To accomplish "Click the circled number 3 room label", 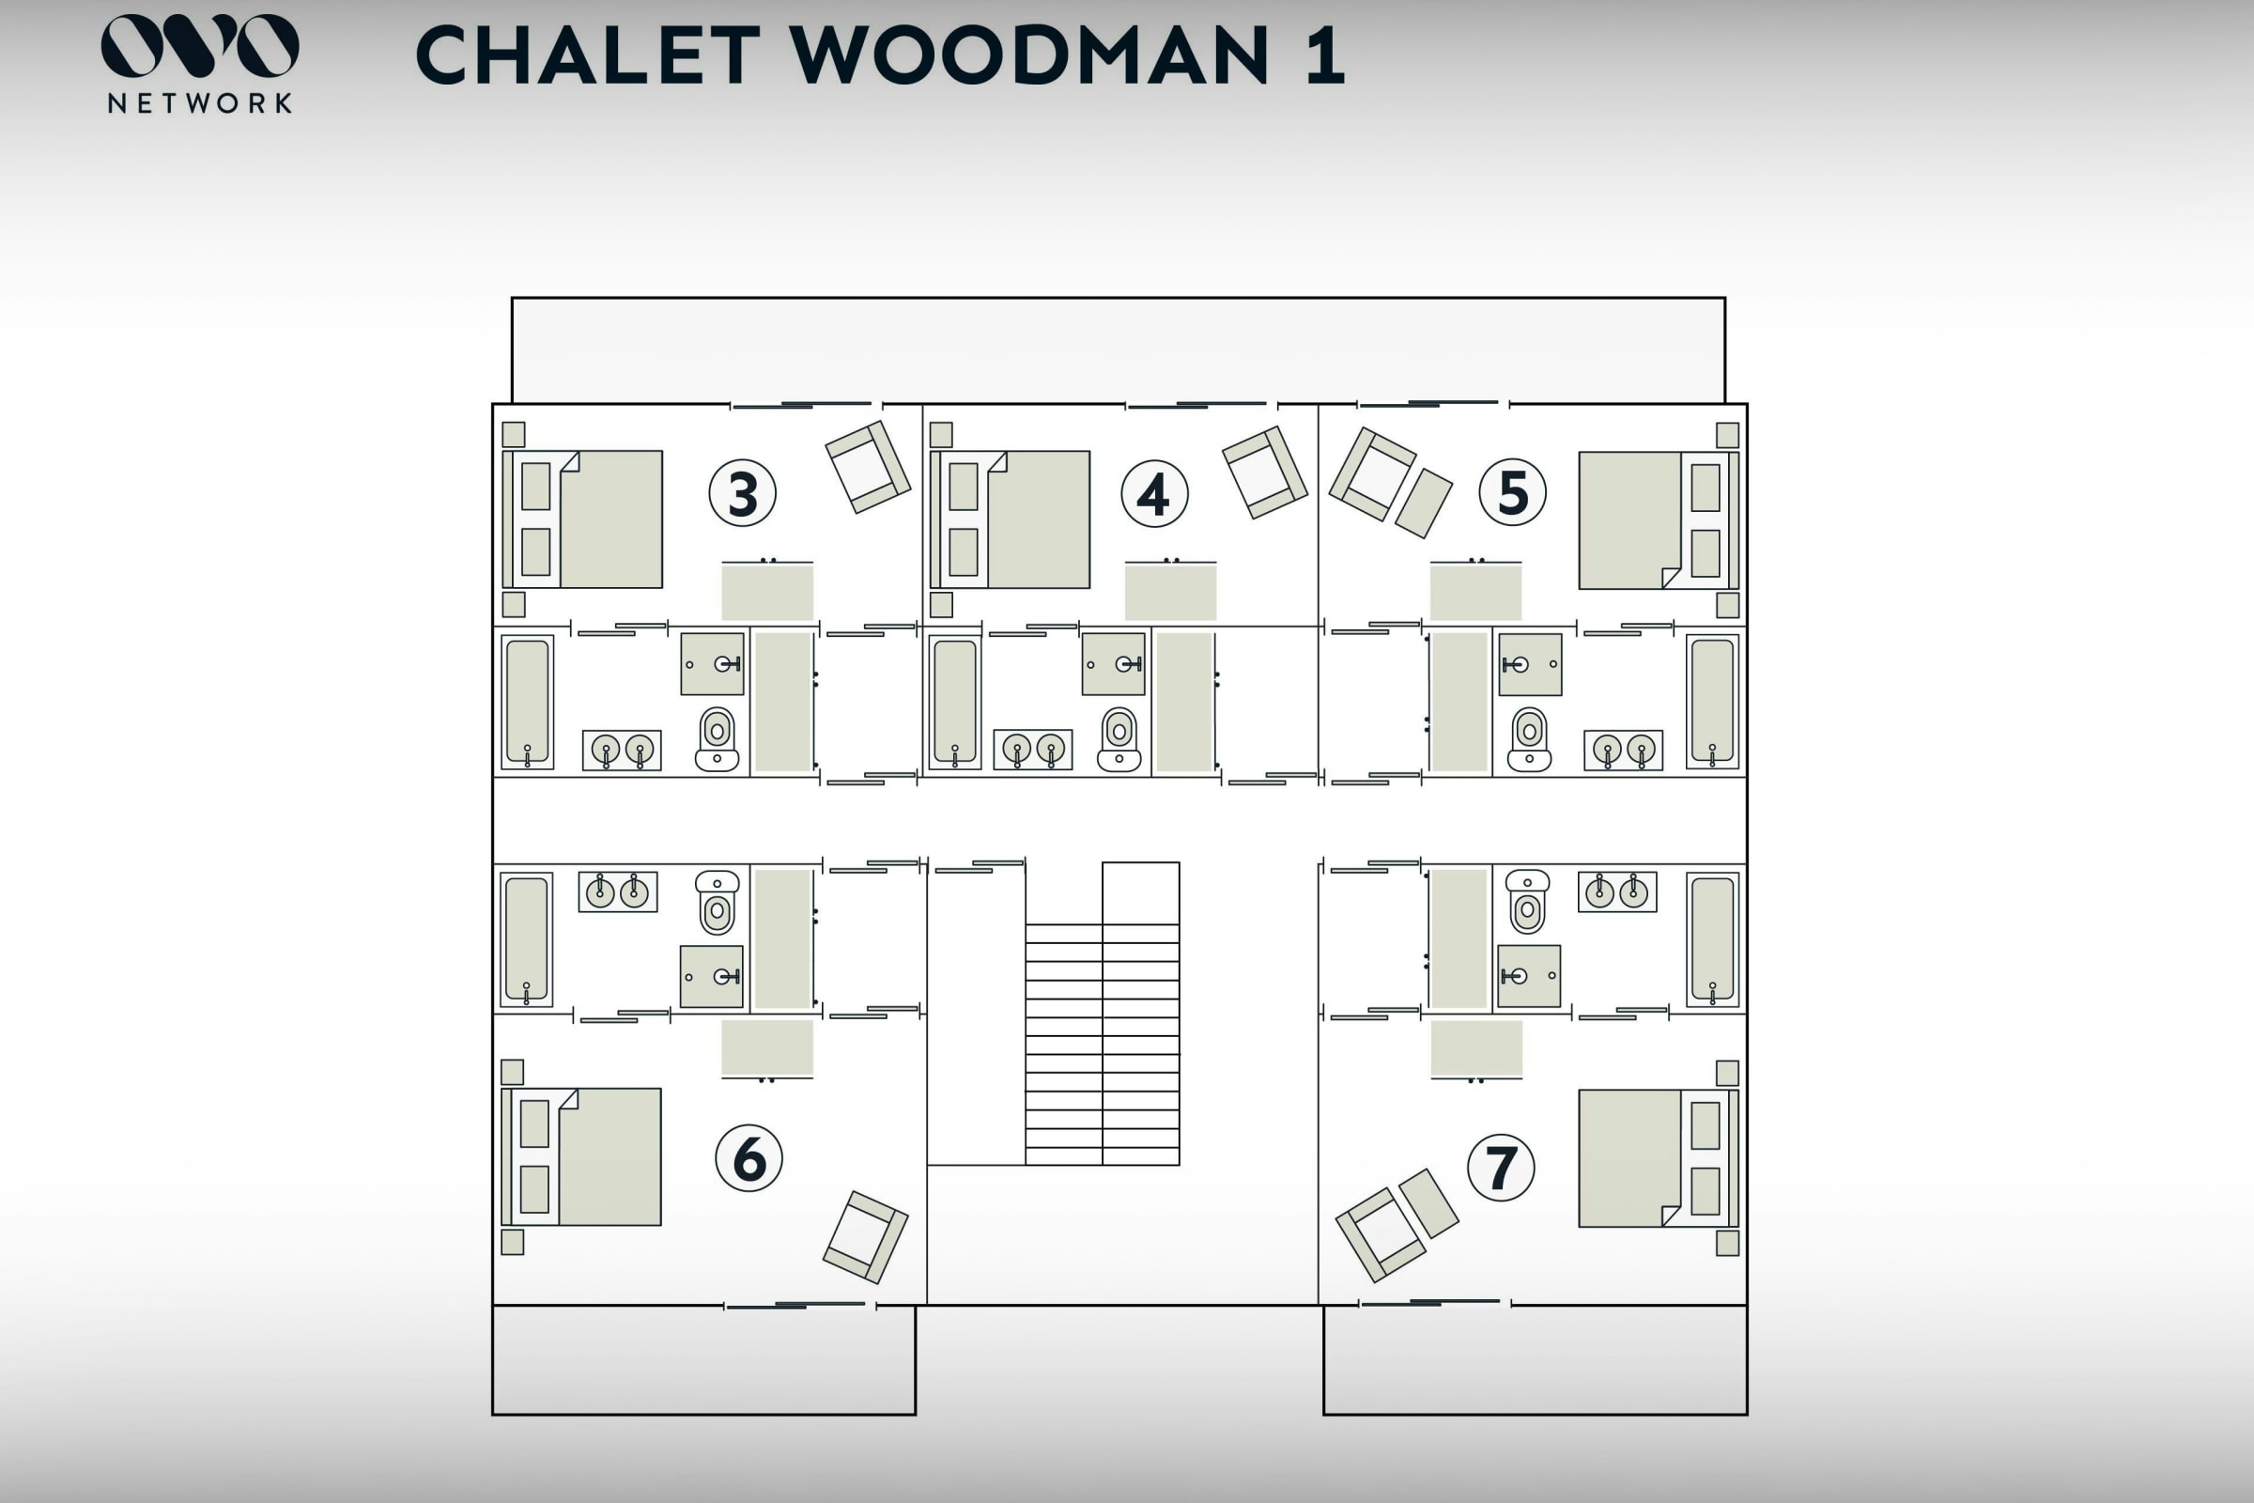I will tap(743, 494).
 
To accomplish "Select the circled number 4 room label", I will tap(1154, 494).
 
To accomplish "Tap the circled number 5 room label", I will tap(1512, 492).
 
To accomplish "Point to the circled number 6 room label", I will tap(749, 1158).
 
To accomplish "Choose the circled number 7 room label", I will tap(1501, 1168).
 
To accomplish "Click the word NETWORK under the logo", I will tap(199, 103).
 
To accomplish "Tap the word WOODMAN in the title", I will tap(1029, 55).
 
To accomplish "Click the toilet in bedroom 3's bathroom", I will tap(717, 739).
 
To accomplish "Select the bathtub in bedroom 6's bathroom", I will tap(526, 939).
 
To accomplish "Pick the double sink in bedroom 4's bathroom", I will tap(1033, 750).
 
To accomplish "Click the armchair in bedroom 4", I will tap(1264, 473).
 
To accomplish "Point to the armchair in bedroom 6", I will tap(865, 1236).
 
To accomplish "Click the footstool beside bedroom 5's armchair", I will tap(1423, 503).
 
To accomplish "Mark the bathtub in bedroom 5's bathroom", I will tap(1711, 701).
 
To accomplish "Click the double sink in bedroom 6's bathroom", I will tap(617, 891).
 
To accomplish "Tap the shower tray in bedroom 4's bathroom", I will tap(1113, 663).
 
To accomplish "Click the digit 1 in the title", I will tap(1324, 55).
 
